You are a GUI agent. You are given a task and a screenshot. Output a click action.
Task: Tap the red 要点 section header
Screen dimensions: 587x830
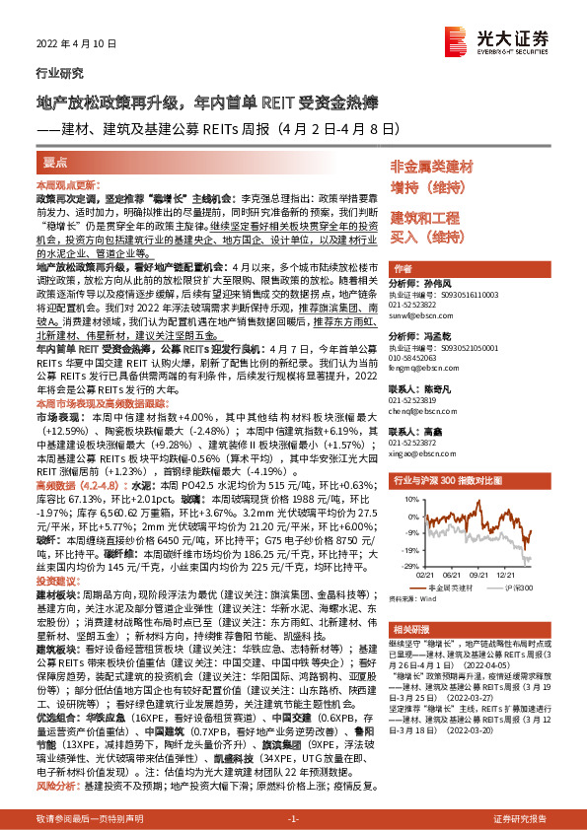pyautogui.click(x=55, y=162)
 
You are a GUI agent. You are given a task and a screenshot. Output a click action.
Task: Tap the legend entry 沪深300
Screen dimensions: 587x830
pyautogui.click(x=515, y=586)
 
